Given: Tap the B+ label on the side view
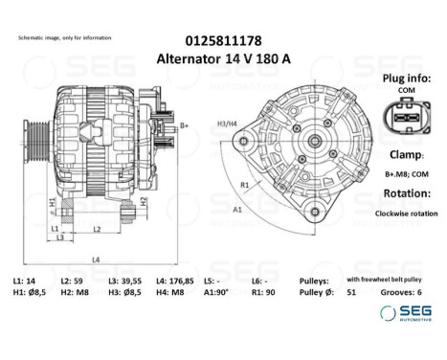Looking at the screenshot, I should (184, 125).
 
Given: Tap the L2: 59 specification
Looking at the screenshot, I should (72, 280).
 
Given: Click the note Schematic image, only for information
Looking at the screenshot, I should (64, 37).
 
